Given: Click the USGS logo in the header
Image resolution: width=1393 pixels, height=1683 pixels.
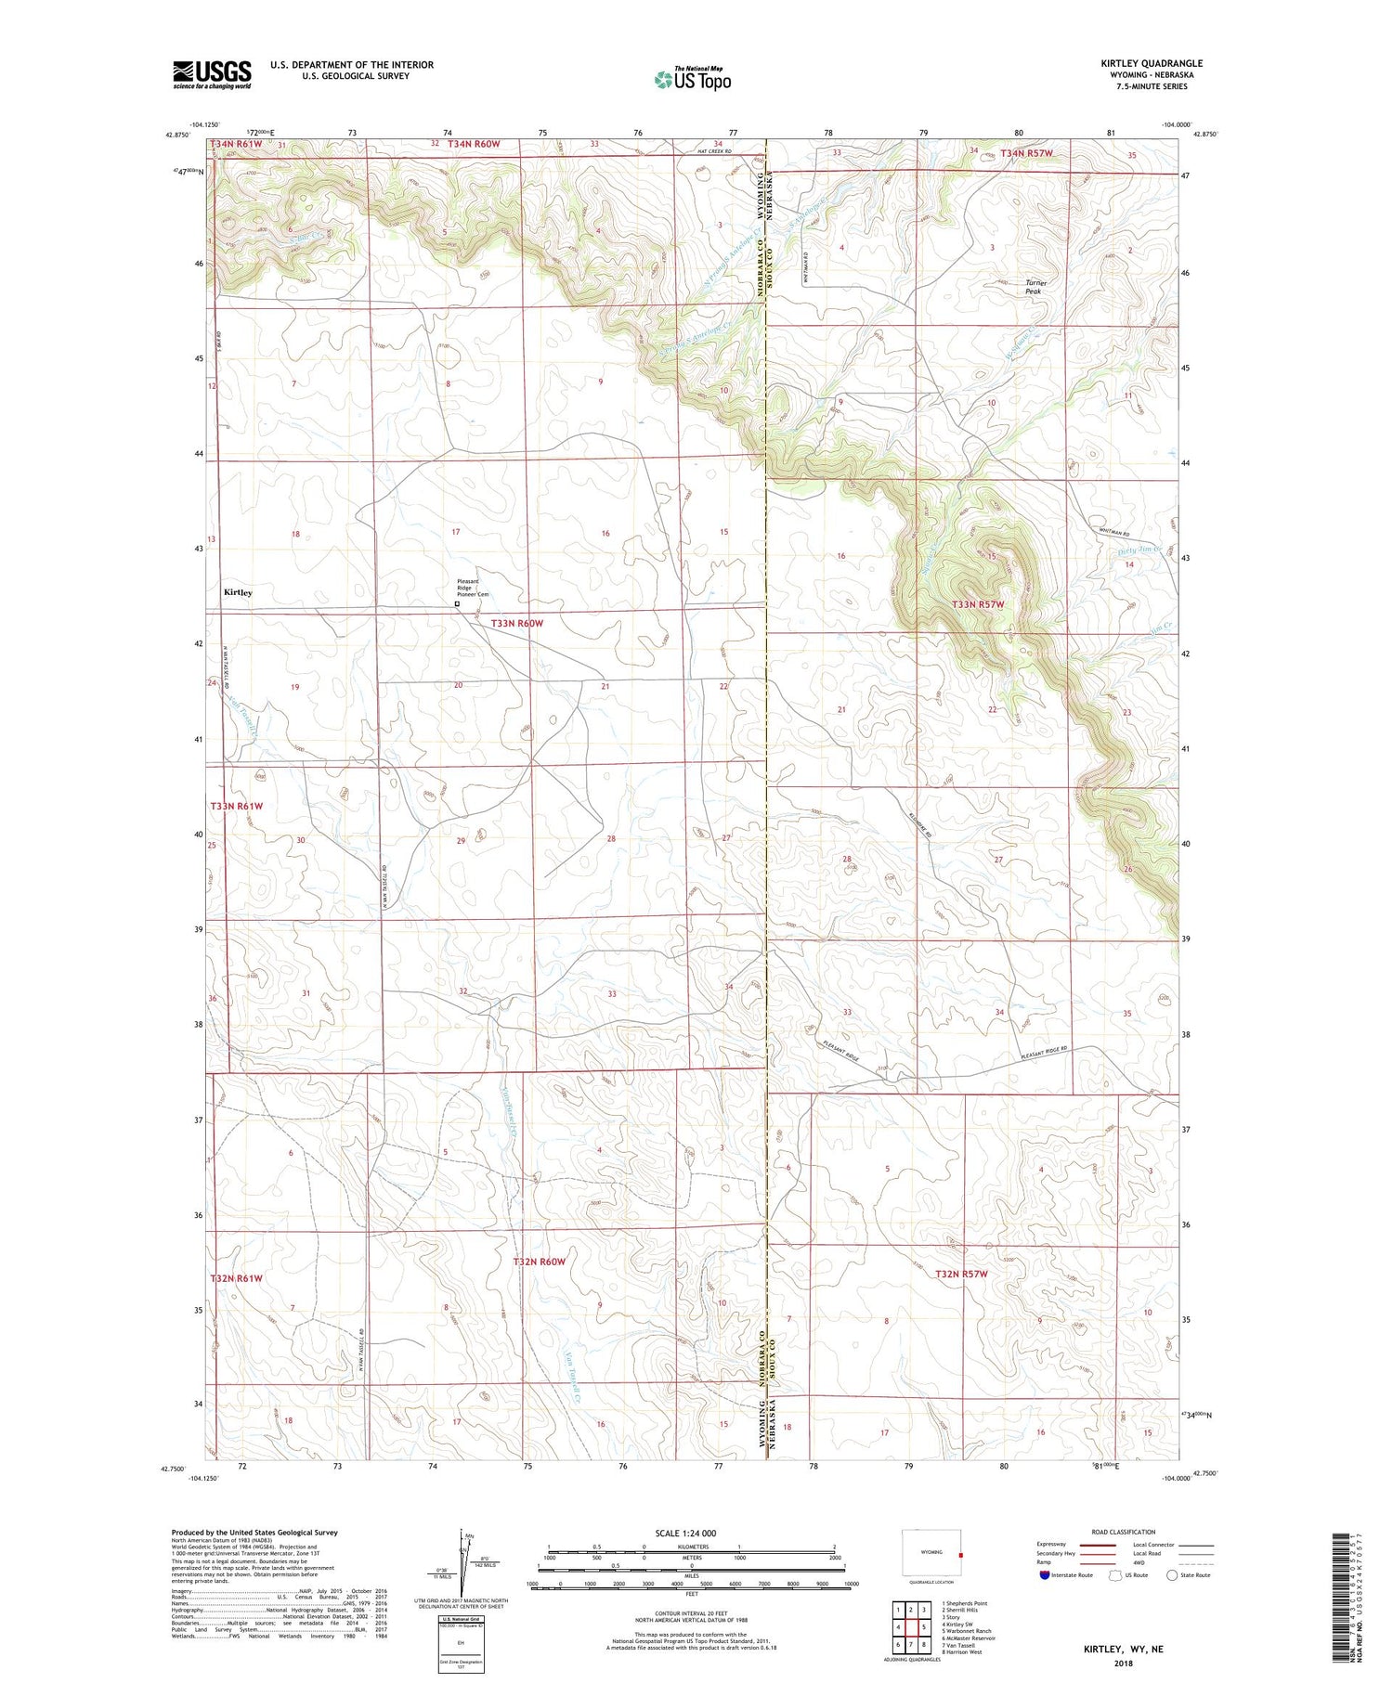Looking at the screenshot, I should (x=212, y=74).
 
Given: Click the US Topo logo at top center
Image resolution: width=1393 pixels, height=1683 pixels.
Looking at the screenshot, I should (x=692, y=80).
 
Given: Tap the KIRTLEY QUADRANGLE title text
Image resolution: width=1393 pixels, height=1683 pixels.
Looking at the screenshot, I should (x=1151, y=64).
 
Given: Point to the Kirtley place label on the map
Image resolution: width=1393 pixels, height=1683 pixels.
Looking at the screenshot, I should (x=238, y=592).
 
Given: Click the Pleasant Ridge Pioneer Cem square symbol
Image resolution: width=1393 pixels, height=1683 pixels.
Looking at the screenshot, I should (x=457, y=603).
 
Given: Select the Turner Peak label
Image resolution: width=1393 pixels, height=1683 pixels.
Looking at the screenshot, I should (x=1035, y=287).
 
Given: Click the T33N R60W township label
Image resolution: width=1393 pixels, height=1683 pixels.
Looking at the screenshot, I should (x=516, y=624).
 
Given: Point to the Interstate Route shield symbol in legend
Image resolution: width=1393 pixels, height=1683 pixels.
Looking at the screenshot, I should (x=1045, y=1575).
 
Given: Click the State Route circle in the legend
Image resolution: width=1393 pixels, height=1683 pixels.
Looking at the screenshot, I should (x=1173, y=1575).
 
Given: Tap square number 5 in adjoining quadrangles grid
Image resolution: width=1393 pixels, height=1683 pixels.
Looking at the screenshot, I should (x=924, y=1627).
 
